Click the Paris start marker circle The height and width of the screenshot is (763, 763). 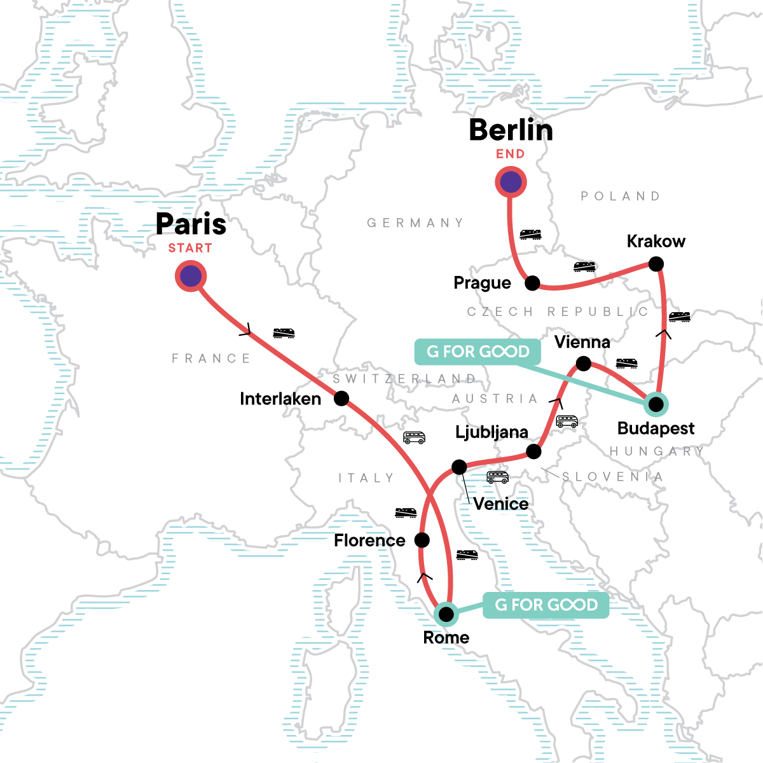pyautogui.click(x=191, y=277)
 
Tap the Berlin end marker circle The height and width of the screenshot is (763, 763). pyautogui.click(x=511, y=182)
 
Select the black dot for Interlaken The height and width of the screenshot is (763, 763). pyautogui.click(x=341, y=399)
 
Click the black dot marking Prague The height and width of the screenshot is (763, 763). pyautogui.click(x=532, y=283)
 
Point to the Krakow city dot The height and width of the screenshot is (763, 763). pyautogui.click(x=656, y=263)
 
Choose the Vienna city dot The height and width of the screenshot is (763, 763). pyautogui.click(x=583, y=364)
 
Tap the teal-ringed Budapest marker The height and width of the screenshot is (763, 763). pyautogui.click(x=656, y=404)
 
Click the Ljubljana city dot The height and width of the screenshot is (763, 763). pyautogui.click(x=534, y=451)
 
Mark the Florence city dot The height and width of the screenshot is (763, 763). pyautogui.click(x=422, y=540)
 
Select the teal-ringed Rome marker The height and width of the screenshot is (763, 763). pyautogui.click(x=447, y=614)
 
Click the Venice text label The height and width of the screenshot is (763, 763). pyautogui.click(x=501, y=504)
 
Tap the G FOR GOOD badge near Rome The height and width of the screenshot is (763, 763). pyautogui.click(x=546, y=605)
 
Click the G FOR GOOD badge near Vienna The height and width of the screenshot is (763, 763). pyautogui.click(x=478, y=352)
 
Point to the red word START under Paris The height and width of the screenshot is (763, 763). pyautogui.click(x=190, y=248)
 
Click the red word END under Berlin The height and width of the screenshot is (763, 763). pyautogui.click(x=511, y=154)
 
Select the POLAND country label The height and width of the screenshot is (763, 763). pyautogui.click(x=621, y=196)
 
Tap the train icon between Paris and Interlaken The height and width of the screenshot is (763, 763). pyautogui.click(x=284, y=333)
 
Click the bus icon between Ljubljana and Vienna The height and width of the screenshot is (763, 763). pyautogui.click(x=567, y=421)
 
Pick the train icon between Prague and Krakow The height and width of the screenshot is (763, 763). pyautogui.click(x=584, y=266)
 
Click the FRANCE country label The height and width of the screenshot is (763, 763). pyautogui.click(x=211, y=359)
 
